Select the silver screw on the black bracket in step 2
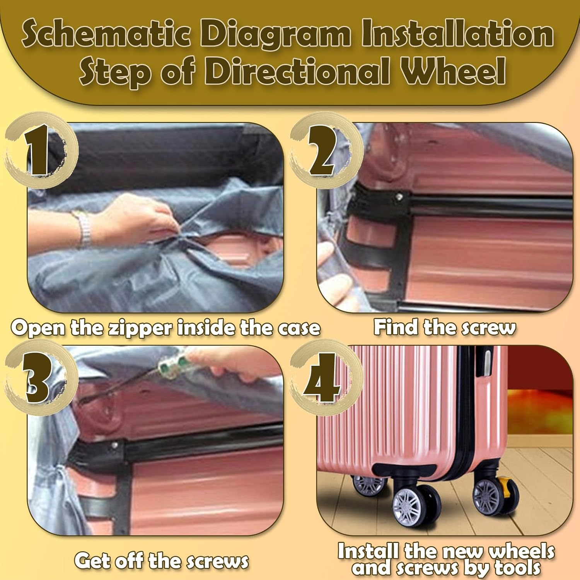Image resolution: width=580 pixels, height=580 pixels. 399,198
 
